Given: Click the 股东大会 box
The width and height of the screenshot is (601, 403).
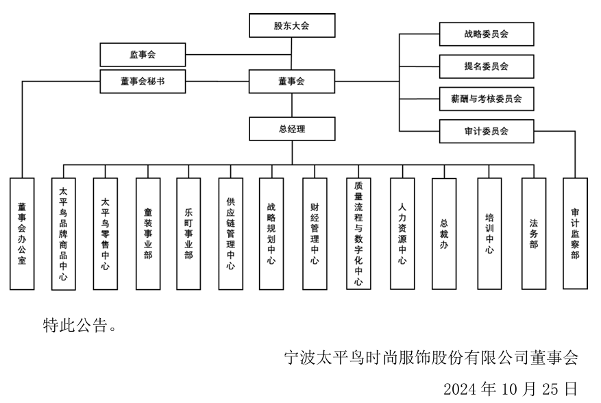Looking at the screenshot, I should coord(292,27).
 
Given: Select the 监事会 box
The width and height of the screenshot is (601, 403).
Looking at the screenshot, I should coord(143,54).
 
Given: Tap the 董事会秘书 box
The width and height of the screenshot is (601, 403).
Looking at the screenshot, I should coord(143,82).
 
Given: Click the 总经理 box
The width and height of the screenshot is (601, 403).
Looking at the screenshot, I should coord(292,129).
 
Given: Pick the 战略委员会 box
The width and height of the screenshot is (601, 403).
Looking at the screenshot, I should coord(486,34).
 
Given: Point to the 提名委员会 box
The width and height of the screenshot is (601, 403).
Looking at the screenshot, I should coord(486,66).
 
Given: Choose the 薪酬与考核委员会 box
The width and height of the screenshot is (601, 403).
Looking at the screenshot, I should coord(486,99).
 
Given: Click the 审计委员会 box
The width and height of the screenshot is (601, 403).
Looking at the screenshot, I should coord(486,131).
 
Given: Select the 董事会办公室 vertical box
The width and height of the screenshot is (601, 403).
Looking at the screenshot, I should coord(23,234).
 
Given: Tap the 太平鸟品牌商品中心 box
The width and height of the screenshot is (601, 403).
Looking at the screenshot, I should coord(64,234).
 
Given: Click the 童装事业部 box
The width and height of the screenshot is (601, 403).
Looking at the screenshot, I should coord(147,234).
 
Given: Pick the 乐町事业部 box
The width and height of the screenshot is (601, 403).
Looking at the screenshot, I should coord(188,234).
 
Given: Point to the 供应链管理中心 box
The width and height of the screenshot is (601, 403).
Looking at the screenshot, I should coord(230,234).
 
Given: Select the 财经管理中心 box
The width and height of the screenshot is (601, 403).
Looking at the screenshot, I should coord(315,234).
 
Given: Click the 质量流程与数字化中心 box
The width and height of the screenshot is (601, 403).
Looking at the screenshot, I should coord(358,234).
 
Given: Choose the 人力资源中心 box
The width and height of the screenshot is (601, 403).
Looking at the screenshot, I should coord(402,234).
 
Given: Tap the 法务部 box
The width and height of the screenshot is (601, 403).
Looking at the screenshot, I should coord(533,234).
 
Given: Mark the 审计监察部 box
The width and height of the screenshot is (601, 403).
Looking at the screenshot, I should coord(575,234).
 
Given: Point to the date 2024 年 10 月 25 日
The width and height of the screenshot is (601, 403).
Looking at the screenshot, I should coord(510,389).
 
